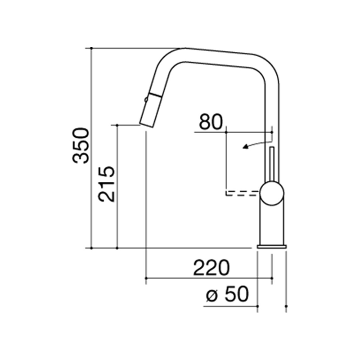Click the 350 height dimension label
(x=81, y=145)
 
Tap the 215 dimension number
(x=106, y=184)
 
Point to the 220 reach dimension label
(x=211, y=268)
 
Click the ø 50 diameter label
(x=228, y=294)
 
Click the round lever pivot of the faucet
(x=272, y=193)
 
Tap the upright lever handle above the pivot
(x=272, y=164)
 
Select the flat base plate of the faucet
(x=272, y=247)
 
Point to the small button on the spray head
(x=146, y=99)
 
